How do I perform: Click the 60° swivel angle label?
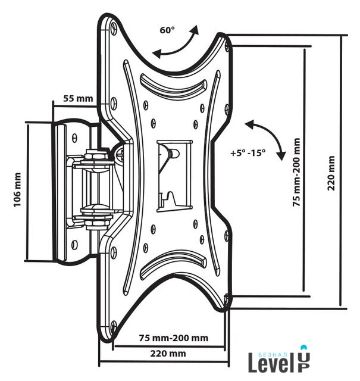[x=167, y=30]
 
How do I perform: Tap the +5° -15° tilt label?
[x=248, y=153]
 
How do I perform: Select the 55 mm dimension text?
[x=78, y=98]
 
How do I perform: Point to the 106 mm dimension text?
[x=17, y=190]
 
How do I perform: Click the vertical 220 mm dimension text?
[x=331, y=173]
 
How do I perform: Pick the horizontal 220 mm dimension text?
[x=168, y=353]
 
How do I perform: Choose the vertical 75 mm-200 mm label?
[x=296, y=172]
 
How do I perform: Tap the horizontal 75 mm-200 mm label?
[x=173, y=338]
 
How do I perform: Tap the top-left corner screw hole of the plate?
[x=114, y=27]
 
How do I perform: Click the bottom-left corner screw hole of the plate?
[x=114, y=326]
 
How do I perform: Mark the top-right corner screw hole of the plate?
[x=227, y=46]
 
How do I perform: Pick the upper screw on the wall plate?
[x=75, y=138]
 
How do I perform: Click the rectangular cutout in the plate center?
[x=174, y=176]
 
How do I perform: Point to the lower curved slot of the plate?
[x=173, y=264]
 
